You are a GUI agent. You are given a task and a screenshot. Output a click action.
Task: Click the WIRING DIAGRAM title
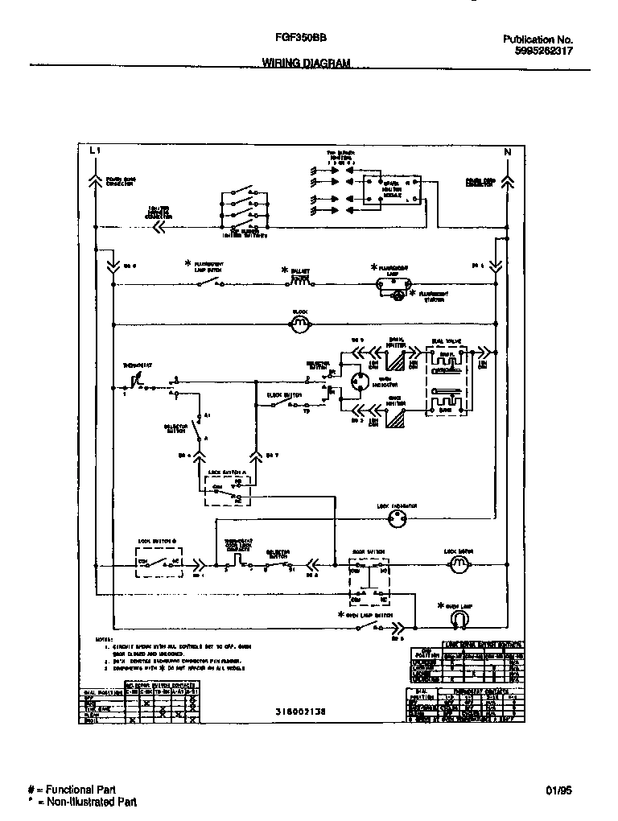(x=306, y=63)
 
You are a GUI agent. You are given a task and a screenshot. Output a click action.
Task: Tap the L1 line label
(x=93, y=151)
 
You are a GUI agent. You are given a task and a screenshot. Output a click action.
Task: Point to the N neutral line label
(x=507, y=151)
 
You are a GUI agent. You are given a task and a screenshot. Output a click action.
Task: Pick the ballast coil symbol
(x=300, y=282)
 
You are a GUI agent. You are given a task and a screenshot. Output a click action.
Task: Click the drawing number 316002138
(x=300, y=712)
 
